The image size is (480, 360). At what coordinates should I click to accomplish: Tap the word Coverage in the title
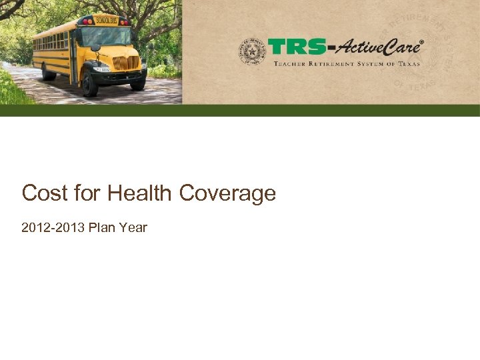tap(227, 193)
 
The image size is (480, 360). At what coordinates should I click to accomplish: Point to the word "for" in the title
tap(83, 193)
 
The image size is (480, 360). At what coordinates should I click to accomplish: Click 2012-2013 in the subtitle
tap(52, 228)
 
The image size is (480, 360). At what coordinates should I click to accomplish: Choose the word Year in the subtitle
tap(134, 228)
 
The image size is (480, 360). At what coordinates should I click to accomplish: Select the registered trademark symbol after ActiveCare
tap(421, 42)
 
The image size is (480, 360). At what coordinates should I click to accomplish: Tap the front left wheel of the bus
tap(89, 85)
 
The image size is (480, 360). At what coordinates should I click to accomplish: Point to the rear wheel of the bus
tap(48, 72)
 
